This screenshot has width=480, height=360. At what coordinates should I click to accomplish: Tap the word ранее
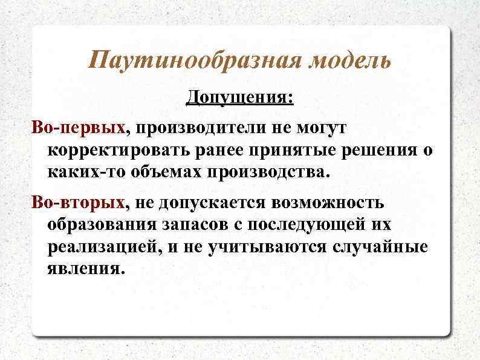221,149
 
